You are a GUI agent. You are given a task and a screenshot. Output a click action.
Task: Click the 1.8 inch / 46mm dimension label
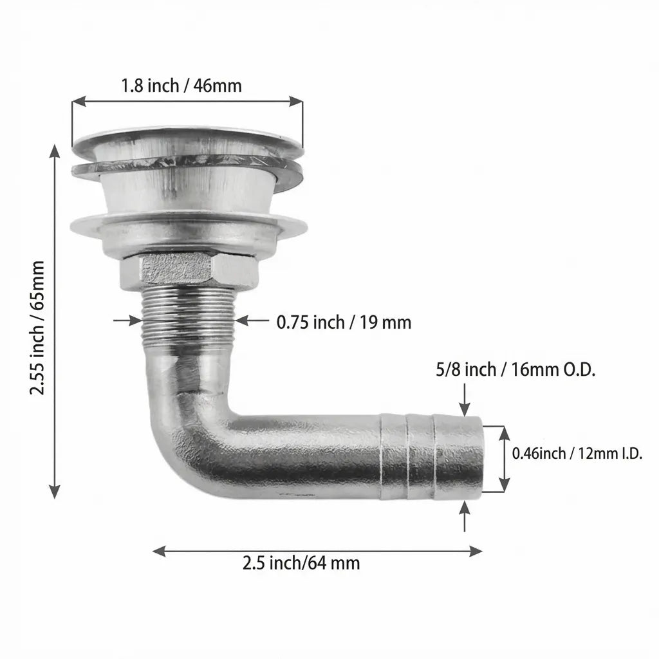coord(181,86)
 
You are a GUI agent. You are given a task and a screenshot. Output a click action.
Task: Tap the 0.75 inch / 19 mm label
coord(344,322)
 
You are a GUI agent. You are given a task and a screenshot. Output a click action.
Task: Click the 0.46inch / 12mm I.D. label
coord(577,453)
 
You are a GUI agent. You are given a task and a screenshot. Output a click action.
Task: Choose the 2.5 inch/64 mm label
coord(301,563)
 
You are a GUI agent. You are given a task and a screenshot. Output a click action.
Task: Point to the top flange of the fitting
coord(187,136)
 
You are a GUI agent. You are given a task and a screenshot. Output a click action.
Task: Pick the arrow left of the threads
coord(133,319)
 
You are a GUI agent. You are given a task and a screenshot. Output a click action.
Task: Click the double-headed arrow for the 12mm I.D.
coord(504,458)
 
